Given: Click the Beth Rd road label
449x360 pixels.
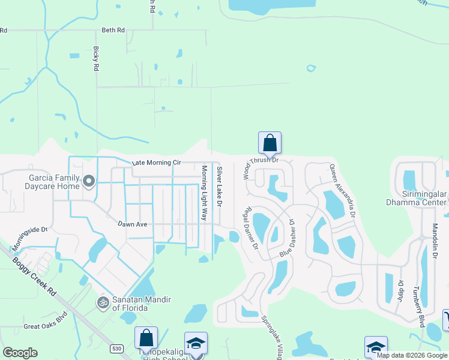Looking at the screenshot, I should tap(113, 30).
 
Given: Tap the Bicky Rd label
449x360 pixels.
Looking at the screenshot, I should tap(95, 59).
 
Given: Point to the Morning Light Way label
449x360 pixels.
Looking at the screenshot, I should tap(204, 193).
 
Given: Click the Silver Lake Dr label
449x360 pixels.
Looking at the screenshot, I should tap(220, 188).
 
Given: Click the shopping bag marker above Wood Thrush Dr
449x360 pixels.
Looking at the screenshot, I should tap(270, 143).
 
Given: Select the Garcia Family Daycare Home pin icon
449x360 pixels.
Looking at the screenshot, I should tap(89, 181).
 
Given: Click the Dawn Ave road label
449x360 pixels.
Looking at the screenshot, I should tap(133, 223).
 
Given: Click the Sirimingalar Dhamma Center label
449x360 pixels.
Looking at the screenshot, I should tap(416, 198).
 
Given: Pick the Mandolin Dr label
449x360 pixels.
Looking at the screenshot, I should tap(435, 241).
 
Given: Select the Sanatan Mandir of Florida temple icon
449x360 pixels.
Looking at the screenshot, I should tap(103, 303).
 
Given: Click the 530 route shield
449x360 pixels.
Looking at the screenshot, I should tap(116, 348).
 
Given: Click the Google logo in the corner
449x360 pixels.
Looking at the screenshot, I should tap(20, 353).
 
